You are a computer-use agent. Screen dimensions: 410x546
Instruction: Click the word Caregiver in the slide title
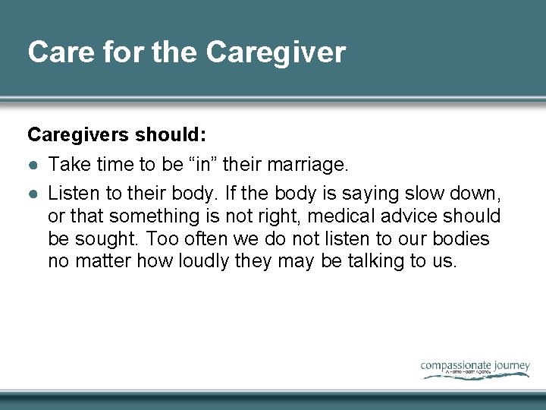pos(275,52)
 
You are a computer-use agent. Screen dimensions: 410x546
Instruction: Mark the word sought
pos(105,240)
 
